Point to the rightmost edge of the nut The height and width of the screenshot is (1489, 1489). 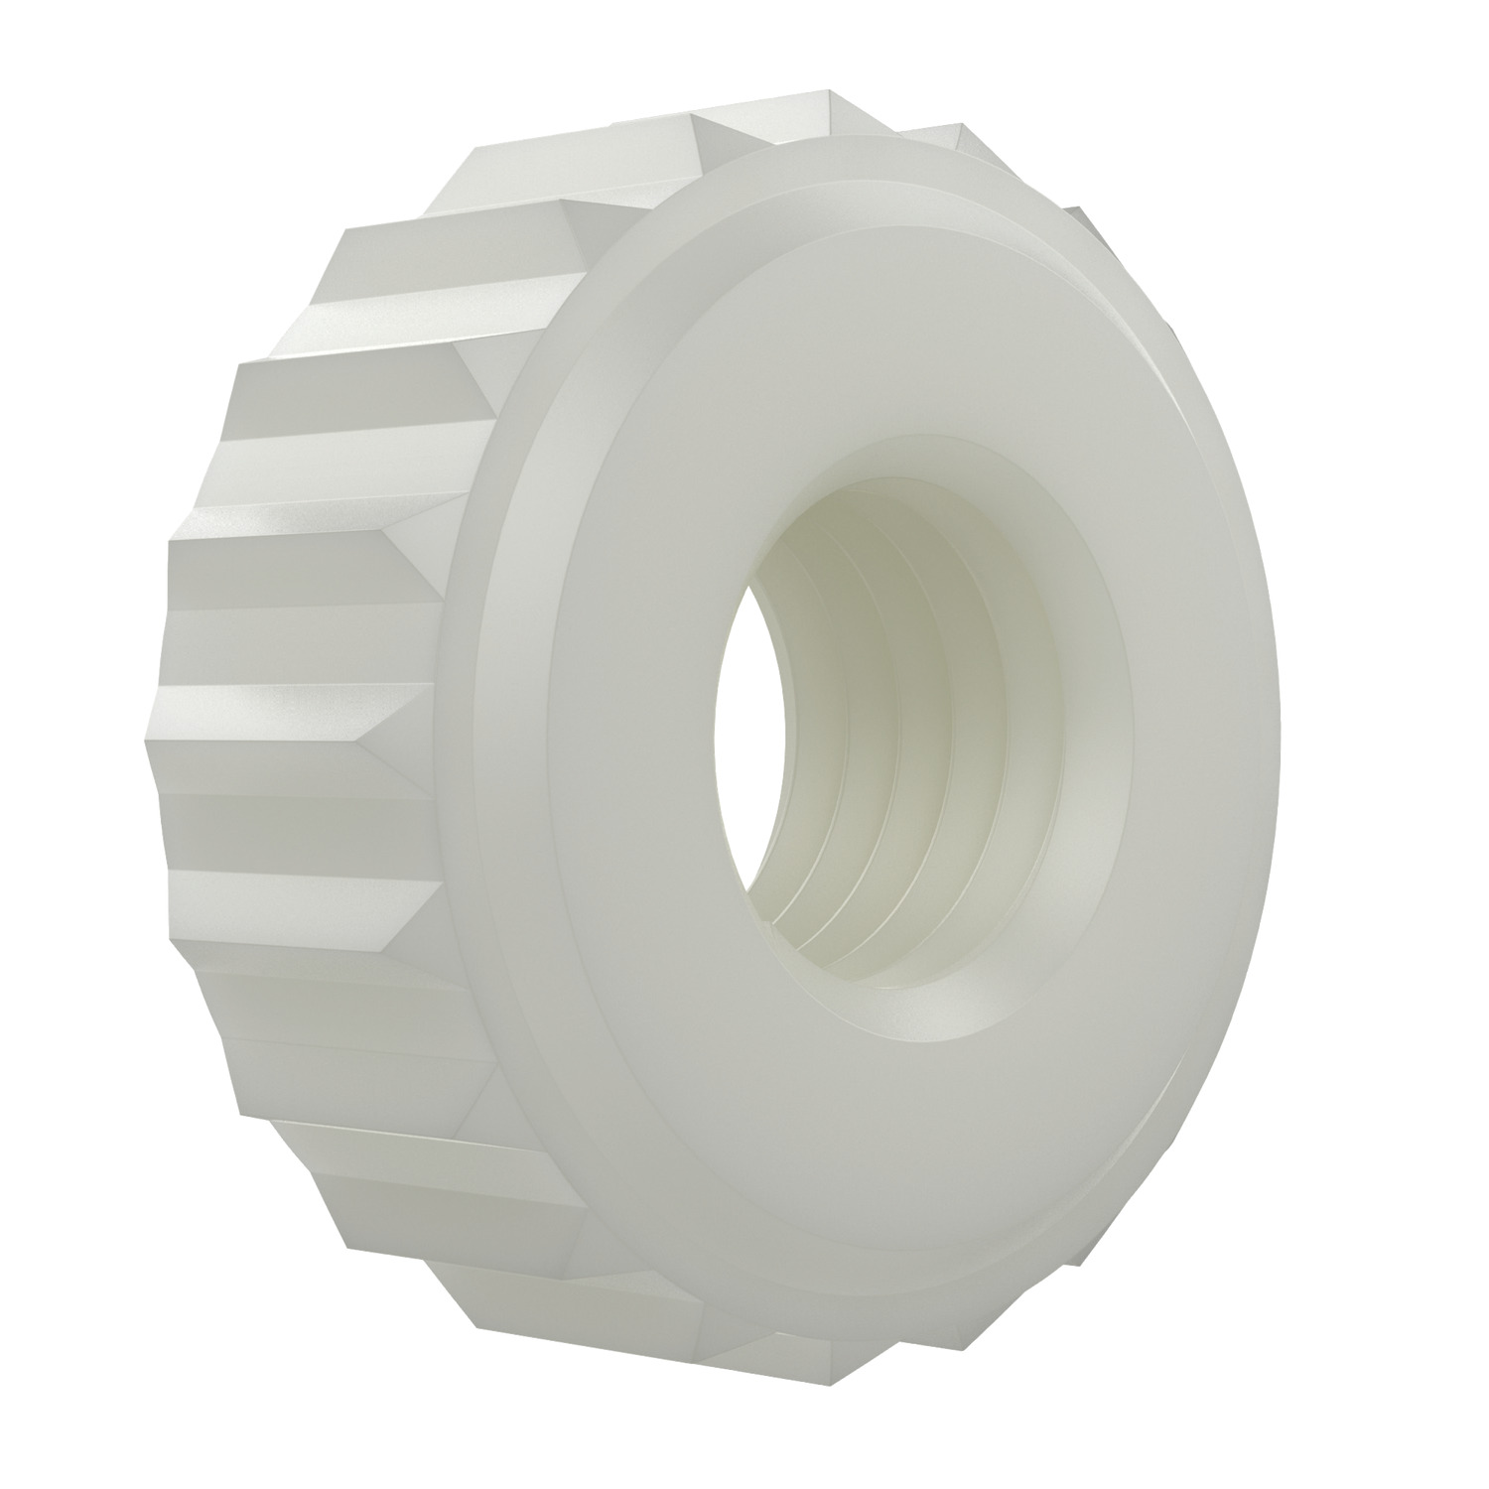[1277, 754]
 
